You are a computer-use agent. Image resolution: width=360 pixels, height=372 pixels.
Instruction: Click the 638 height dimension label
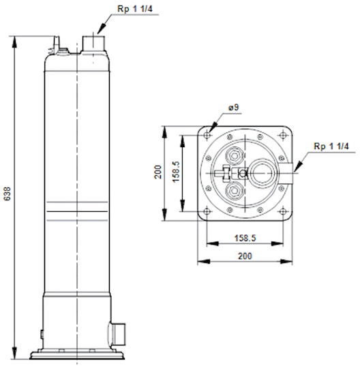[x=7, y=193]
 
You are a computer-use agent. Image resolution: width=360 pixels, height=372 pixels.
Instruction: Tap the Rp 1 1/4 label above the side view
[x=135, y=9]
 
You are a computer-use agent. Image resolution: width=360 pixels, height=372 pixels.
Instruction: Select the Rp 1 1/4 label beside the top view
[x=331, y=146]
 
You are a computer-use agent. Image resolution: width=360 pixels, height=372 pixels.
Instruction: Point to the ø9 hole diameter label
[x=233, y=108]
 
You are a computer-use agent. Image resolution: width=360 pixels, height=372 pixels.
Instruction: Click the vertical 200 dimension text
[x=157, y=172]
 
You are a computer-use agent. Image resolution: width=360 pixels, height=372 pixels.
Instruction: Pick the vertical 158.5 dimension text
[x=177, y=172]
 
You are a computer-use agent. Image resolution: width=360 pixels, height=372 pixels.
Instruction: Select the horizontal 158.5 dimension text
[x=245, y=238]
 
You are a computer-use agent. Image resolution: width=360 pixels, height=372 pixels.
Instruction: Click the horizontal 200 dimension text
[x=245, y=256]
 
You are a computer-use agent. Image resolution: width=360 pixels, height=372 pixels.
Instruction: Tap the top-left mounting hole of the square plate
[x=207, y=136]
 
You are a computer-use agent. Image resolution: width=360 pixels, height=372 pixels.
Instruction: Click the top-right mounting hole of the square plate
[x=283, y=136]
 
